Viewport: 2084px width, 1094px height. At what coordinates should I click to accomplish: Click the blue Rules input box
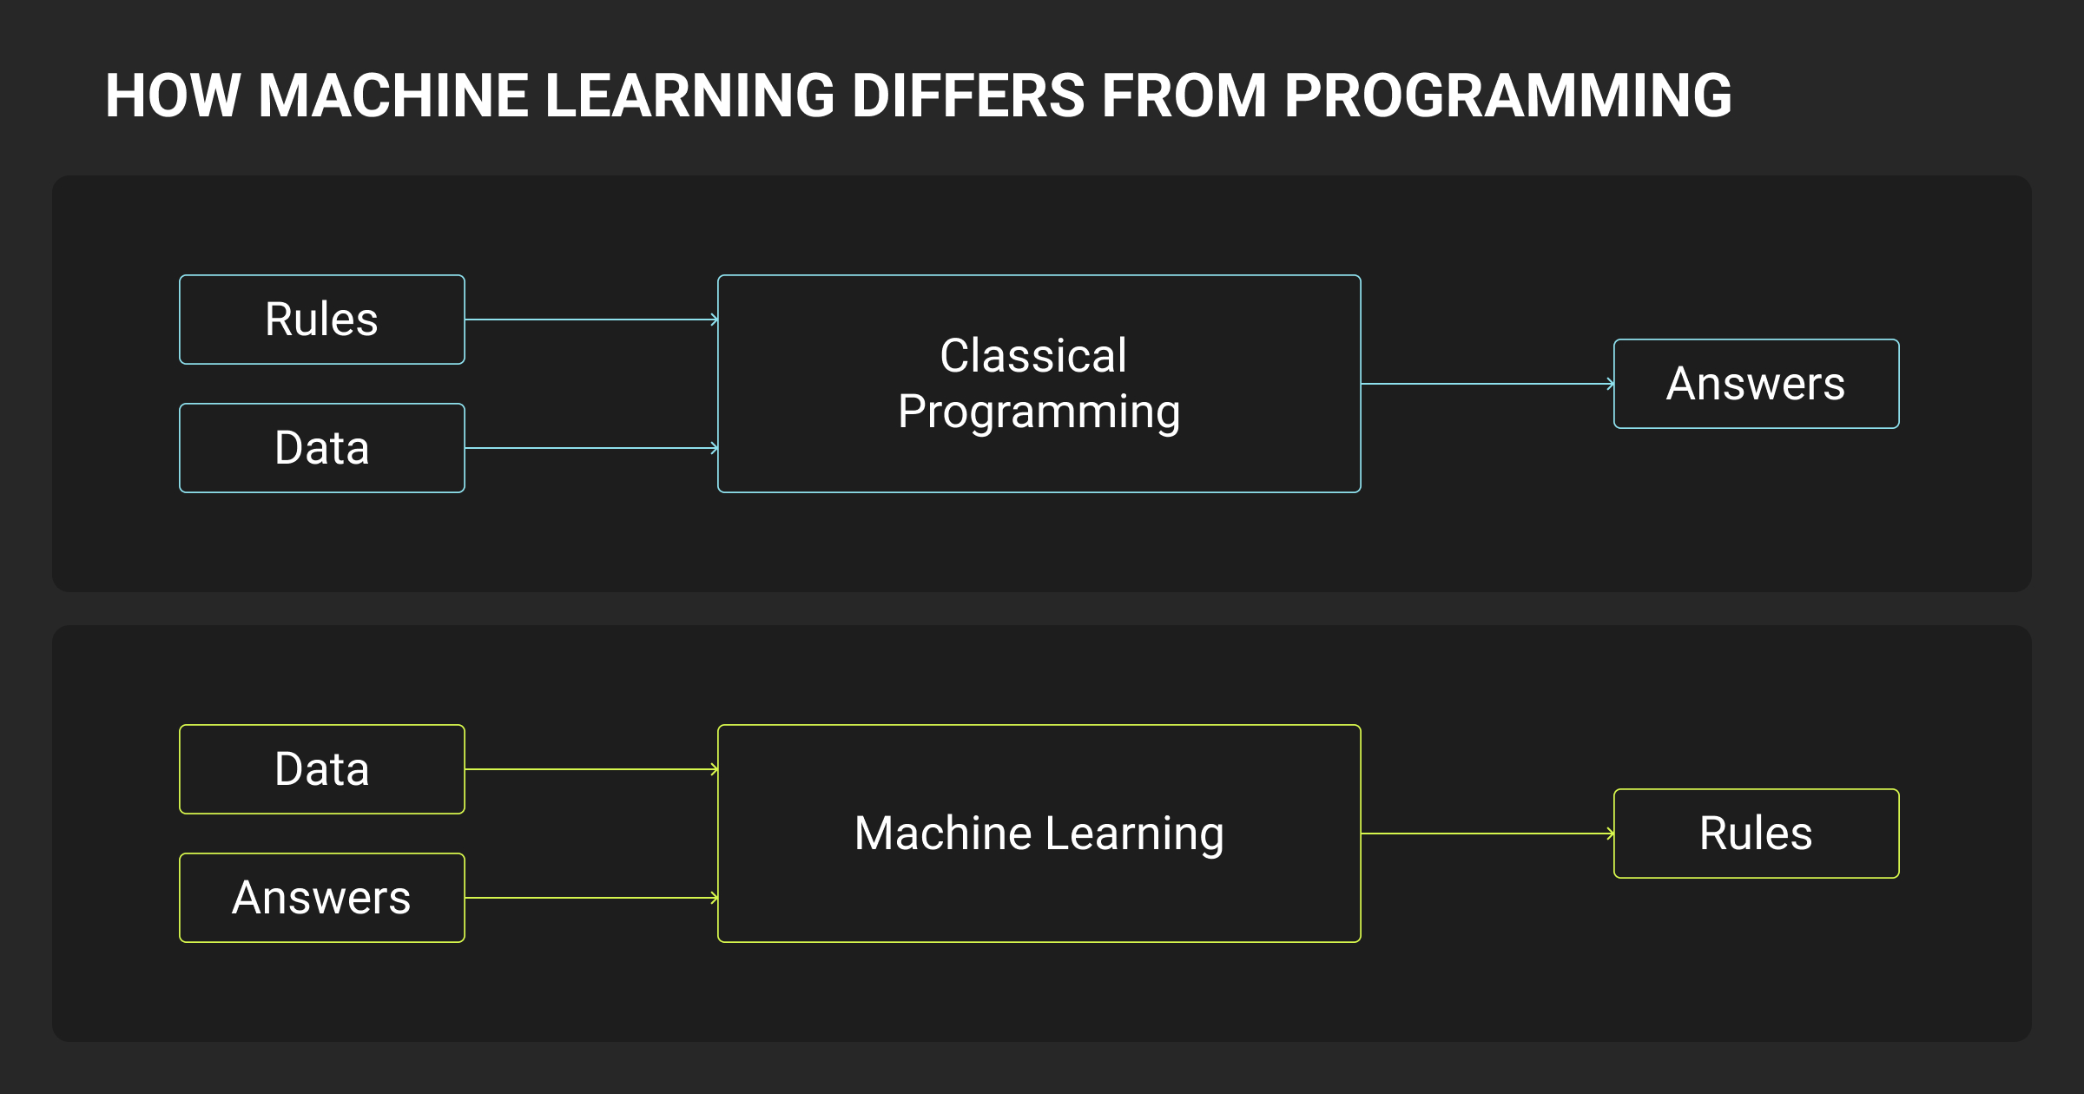pyautogui.click(x=321, y=320)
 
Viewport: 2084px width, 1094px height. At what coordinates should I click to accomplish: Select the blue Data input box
pyautogui.click(x=321, y=448)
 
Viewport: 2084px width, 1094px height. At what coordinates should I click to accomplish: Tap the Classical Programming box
pyautogui.click(x=1039, y=384)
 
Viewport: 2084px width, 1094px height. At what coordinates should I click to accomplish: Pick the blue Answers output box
pyautogui.click(x=1756, y=384)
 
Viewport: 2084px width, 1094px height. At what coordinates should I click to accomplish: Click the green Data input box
pyautogui.click(x=321, y=769)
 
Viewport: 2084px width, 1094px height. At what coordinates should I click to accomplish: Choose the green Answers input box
pyautogui.click(x=321, y=898)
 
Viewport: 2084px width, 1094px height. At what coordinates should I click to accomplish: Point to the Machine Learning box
pyautogui.click(x=1039, y=834)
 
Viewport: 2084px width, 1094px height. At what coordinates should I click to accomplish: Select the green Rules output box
pyautogui.click(x=1756, y=834)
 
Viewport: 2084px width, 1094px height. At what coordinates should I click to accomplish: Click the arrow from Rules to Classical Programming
pyautogui.click(x=590, y=320)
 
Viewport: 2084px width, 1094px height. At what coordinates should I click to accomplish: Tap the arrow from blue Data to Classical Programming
pyautogui.click(x=590, y=448)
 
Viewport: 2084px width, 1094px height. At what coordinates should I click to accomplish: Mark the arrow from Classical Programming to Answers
pyautogui.click(x=1487, y=384)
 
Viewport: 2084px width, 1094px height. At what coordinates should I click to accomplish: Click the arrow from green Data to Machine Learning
pyautogui.click(x=590, y=769)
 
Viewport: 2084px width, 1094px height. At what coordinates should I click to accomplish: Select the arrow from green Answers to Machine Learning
pyautogui.click(x=590, y=898)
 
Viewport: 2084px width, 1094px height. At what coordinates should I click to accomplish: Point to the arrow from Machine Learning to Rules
pyautogui.click(x=1487, y=834)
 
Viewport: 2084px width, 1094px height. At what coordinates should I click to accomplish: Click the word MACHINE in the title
pyautogui.click(x=393, y=96)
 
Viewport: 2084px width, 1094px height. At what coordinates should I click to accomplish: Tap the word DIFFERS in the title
pyautogui.click(x=968, y=96)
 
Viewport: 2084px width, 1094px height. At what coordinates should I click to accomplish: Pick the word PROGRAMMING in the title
pyautogui.click(x=1507, y=96)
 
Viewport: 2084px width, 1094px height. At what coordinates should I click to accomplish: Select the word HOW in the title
pyautogui.click(x=173, y=96)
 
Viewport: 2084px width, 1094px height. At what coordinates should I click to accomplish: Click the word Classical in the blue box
pyautogui.click(x=1033, y=356)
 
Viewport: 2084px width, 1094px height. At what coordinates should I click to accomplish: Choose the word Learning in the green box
pyautogui.click(x=1134, y=834)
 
